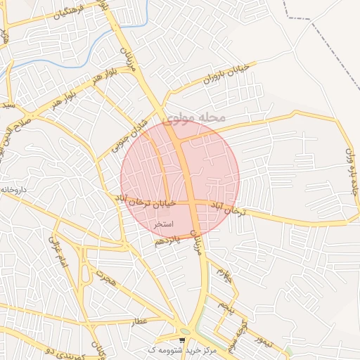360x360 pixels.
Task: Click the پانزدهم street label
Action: pos(167,240)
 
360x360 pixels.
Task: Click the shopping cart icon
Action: pos(182,340)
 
